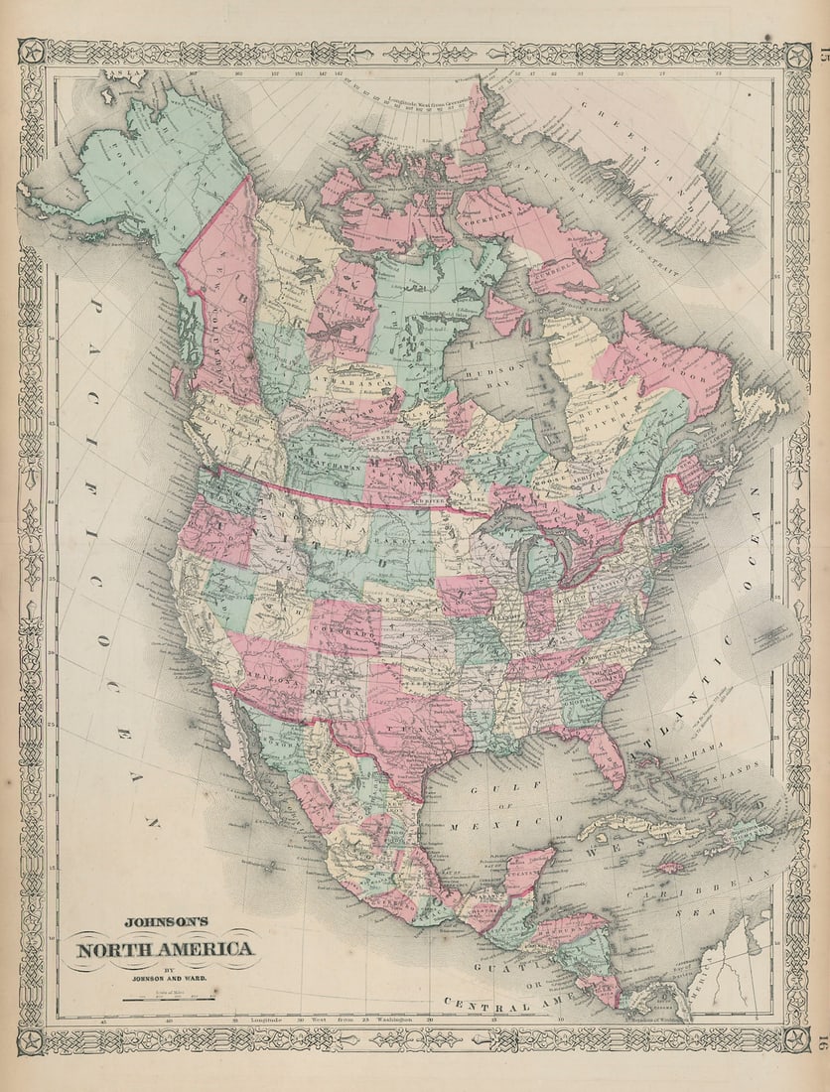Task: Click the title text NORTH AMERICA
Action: click(165, 949)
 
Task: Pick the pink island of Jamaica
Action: click(672, 867)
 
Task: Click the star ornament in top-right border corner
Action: click(797, 55)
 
